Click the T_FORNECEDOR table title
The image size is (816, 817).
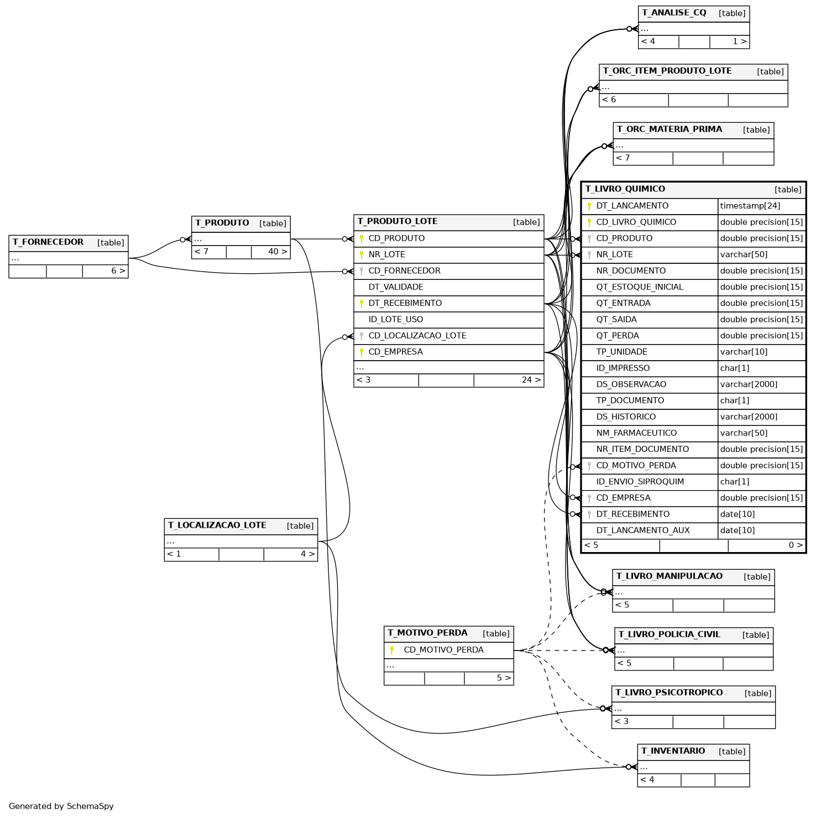[48, 242]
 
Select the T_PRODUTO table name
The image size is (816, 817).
[222, 223]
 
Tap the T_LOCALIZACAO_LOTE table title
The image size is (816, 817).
[217, 525]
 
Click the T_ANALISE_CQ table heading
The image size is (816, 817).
[674, 13]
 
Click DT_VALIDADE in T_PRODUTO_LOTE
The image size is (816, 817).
[396, 287]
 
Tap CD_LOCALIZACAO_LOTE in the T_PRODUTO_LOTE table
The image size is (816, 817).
[417, 336]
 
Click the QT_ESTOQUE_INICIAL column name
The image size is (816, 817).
[640, 287]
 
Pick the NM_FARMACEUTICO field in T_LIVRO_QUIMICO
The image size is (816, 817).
[636, 433]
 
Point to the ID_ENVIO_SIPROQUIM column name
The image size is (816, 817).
[640, 482]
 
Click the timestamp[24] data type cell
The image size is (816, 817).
[750, 206]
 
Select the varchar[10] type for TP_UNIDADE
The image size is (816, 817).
[744, 352]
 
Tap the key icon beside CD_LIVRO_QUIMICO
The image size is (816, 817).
[589, 222]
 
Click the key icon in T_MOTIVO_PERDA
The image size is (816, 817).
[391, 650]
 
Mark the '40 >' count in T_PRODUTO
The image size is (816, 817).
[278, 252]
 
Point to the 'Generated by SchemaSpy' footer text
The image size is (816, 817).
[61, 806]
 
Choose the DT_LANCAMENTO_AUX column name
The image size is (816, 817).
[643, 530]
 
